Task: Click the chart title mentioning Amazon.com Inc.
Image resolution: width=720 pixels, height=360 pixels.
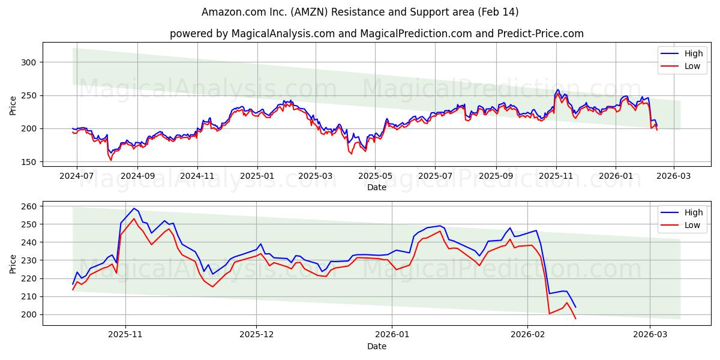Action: click(x=360, y=12)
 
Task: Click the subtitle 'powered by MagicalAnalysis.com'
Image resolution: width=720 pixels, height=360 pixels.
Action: click(x=376, y=34)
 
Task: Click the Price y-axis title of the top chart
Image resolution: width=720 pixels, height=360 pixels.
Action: click(x=13, y=106)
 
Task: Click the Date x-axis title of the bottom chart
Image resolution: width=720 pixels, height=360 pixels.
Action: click(x=376, y=347)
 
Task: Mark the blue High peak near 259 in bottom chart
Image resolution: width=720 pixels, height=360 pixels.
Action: click(x=134, y=208)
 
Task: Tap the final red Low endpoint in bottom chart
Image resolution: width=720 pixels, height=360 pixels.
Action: click(x=575, y=319)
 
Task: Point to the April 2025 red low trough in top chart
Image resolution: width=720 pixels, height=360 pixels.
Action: click(x=352, y=154)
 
